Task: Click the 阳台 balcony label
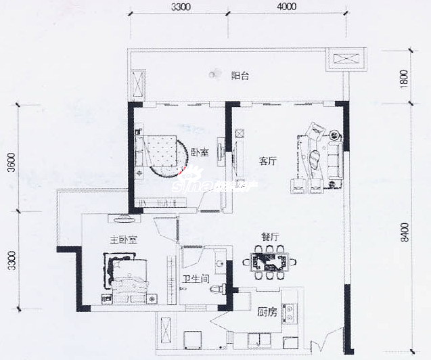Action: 240,76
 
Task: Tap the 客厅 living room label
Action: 268,161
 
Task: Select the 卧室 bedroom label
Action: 200,152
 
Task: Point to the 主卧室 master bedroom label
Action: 123,240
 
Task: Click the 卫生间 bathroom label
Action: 196,279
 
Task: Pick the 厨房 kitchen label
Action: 267,312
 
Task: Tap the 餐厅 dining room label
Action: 270,237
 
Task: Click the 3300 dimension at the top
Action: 181,7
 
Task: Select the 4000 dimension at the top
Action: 287,6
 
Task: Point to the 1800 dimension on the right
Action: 404,79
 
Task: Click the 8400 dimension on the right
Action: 405,233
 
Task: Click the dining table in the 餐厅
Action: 270,262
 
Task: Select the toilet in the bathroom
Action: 218,289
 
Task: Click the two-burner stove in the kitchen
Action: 289,313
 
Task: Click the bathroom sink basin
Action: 219,263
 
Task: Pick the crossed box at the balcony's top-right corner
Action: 346,60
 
